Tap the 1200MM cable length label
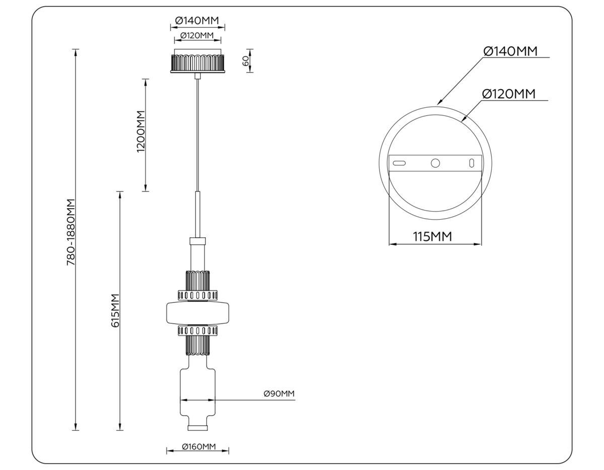click(141, 131)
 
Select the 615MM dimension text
click(115, 311)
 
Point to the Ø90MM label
click(278, 393)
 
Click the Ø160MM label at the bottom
click(198, 447)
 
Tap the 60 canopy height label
click(245, 61)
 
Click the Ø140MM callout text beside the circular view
click(510, 51)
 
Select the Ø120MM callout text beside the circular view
click(508, 94)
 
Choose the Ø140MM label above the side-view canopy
click(197, 21)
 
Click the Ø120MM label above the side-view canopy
click(197, 35)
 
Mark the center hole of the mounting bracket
click(435, 163)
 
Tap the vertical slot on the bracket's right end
click(472, 163)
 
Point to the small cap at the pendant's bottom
click(198, 428)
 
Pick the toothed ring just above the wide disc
click(198, 295)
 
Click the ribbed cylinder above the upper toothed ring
click(198, 280)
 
